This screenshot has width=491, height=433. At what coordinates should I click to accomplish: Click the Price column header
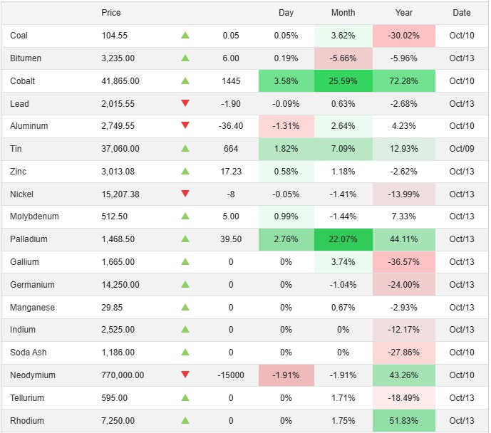point(111,13)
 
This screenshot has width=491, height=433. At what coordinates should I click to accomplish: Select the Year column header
point(403,13)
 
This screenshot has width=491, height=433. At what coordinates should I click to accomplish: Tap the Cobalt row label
point(23,81)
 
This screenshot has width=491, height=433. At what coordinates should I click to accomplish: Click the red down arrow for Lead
point(185,103)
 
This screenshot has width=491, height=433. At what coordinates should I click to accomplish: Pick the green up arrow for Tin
point(185,149)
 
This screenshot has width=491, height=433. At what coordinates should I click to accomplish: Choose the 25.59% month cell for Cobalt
point(343,81)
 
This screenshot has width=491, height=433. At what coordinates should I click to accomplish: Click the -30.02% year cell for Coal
point(403,36)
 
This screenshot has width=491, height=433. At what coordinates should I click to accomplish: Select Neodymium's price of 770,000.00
point(123,375)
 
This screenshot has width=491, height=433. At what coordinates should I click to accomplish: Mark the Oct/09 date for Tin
point(461,149)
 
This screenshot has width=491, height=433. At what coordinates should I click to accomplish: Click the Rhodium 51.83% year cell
point(403,421)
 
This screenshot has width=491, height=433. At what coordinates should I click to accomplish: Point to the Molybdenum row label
point(35,216)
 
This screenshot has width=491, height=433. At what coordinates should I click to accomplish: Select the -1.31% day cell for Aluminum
point(286,126)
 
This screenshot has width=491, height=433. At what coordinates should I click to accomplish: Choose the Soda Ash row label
point(29,353)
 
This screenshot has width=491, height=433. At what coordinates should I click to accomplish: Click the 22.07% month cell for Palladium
point(343,240)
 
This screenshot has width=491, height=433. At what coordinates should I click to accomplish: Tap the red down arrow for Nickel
point(185,194)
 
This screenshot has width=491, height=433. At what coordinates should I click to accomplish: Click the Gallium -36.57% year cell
point(403,262)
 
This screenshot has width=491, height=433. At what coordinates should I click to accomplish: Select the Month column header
point(343,13)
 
